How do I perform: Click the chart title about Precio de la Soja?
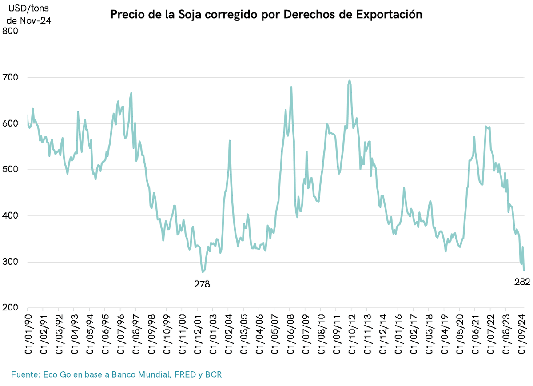[x=266, y=15]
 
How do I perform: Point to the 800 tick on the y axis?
[x=11, y=32]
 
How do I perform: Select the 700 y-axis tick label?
[x=11, y=78]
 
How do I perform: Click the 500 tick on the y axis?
[x=11, y=170]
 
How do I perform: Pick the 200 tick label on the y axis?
[x=11, y=308]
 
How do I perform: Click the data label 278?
[x=202, y=284]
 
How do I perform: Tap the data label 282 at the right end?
[x=522, y=282]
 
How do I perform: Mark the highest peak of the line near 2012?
[x=350, y=80]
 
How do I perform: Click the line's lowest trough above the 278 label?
[x=203, y=272]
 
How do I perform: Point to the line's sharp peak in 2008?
[x=291, y=87]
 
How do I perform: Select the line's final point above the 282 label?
[x=524, y=270]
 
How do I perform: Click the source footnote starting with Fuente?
[x=116, y=374]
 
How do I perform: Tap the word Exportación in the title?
[x=390, y=15]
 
